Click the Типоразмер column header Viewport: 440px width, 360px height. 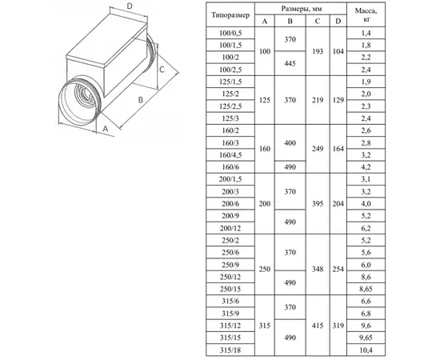pos(230,15)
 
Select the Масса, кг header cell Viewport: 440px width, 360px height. pos(366,14)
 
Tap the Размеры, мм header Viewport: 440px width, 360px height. pos(302,9)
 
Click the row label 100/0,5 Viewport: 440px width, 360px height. pos(230,33)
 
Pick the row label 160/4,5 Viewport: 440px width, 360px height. pos(230,155)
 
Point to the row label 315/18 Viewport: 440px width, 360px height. pos(230,350)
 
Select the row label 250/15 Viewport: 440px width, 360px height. pos(230,289)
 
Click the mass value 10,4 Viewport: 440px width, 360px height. pos(366,350)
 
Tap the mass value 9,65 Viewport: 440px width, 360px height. pos(366,338)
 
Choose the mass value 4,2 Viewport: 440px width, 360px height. pos(366,167)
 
